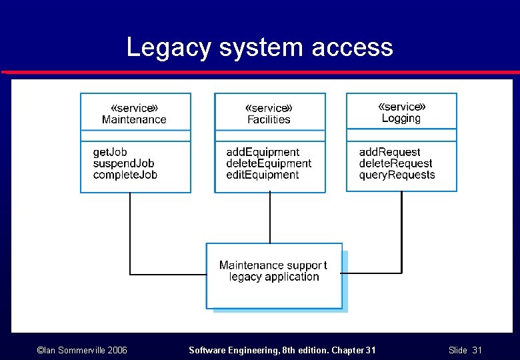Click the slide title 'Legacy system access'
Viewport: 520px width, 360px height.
[x=259, y=47]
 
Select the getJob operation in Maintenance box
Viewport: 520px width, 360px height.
[x=109, y=152]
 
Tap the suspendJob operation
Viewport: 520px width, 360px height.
[x=123, y=163]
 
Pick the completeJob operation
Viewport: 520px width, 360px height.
[x=125, y=175]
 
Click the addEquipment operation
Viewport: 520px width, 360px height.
[x=263, y=152]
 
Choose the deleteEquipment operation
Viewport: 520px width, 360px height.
[x=269, y=163]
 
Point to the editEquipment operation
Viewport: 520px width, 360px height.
[x=263, y=175]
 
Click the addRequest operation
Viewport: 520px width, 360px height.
[x=389, y=152]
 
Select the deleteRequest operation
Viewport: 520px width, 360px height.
[x=395, y=163]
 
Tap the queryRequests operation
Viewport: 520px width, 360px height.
[x=397, y=175]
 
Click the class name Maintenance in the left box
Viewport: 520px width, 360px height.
[x=134, y=120]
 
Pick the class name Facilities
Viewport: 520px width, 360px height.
[x=269, y=120]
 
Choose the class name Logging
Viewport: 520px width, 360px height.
[x=401, y=119]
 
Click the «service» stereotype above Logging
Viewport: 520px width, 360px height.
[x=401, y=107]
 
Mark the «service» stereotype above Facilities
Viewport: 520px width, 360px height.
[x=269, y=108]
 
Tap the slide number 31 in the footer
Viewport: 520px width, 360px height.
[x=477, y=350]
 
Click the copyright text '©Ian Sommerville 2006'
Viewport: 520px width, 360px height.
[x=82, y=350]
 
